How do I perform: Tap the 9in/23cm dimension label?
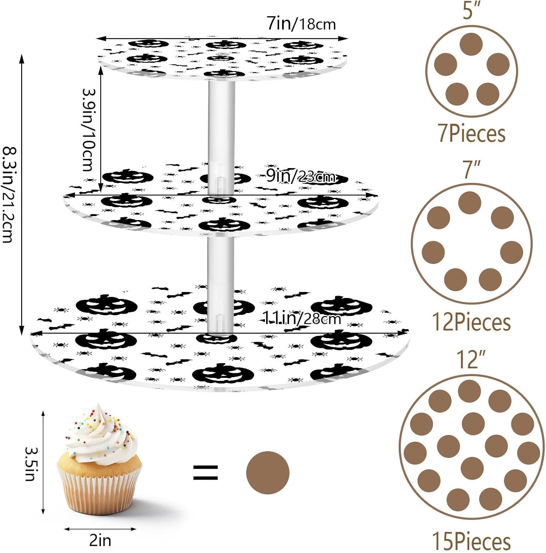(x=301, y=176)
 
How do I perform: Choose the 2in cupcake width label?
(x=100, y=540)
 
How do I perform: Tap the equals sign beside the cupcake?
(x=206, y=472)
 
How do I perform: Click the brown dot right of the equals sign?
(x=268, y=472)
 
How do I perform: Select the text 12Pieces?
(x=471, y=322)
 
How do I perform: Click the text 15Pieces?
(x=471, y=542)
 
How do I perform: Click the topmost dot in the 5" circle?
(x=471, y=44)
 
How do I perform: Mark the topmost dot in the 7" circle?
(x=470, y=202)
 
